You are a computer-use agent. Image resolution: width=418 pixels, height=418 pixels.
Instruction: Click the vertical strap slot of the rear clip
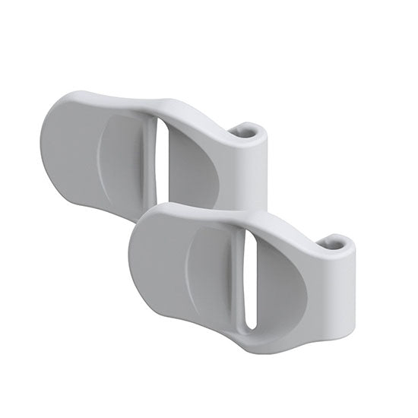[159, 156]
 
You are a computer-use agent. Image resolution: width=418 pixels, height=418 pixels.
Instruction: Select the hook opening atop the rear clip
[245, 131]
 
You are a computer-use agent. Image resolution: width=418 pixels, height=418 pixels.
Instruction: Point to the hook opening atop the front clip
[335, 245]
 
